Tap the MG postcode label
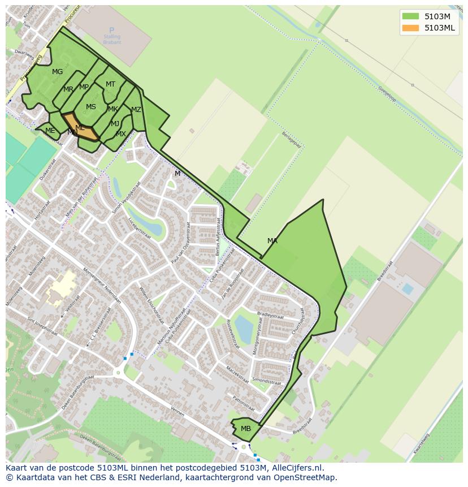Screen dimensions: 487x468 tap(57, 72)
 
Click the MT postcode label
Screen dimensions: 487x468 tap(110, 84)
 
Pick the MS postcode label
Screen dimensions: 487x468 tap(91, 107)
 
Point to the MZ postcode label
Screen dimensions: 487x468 tap(136, 110)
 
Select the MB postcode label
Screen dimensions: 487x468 tap(246, 429)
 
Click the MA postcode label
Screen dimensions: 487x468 tap(272, 241)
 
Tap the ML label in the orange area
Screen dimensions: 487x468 tap(80, 128)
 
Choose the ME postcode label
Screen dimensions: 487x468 tap(50, 131)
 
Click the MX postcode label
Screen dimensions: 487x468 tap(121, 134)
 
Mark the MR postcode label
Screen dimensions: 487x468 tap(68, 89)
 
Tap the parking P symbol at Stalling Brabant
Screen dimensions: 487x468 tap(112, 31)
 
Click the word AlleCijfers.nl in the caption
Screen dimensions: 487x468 tap(297, 468)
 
